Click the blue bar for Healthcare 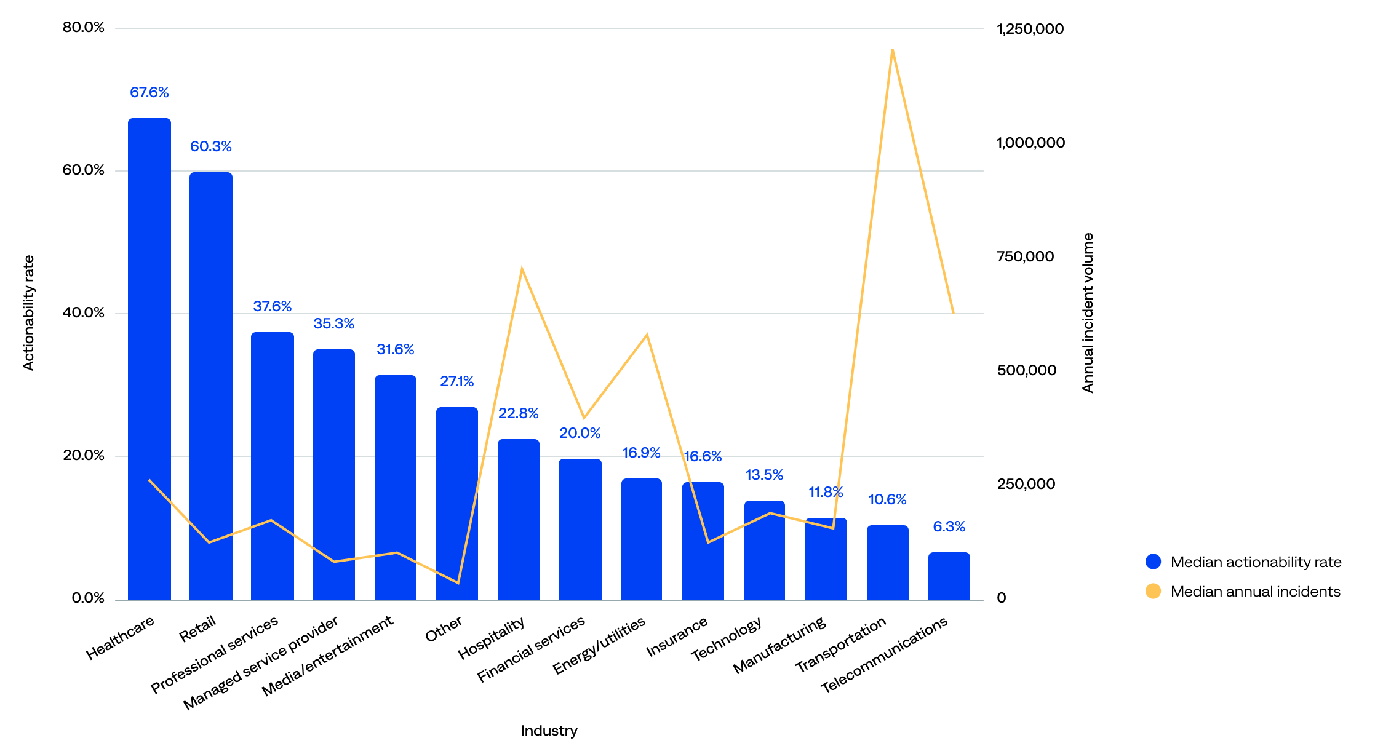[x=149, y=357]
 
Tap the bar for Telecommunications [x=949, y=576]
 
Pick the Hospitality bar [x=519, y=519]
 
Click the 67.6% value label [x=149, y=92]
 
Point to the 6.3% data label [x=949, y=526]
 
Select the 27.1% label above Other [x=457, y=381]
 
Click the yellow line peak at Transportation [x=892, y=50]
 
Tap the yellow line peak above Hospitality [x=522, y=269]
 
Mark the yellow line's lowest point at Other [x=458, y=582]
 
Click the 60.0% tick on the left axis [x=84, y=170]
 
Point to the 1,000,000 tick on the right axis [x=1030, y=143]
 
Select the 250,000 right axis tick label [x=1026, y=484]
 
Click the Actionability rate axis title [x=28, y=312]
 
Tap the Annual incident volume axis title [x=1088, y=312]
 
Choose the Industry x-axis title [x=549, y=731]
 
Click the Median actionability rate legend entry [x=1255, y=562]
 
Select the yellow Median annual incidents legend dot [x=1153, y=591]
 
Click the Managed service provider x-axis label [x=261, y=663]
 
